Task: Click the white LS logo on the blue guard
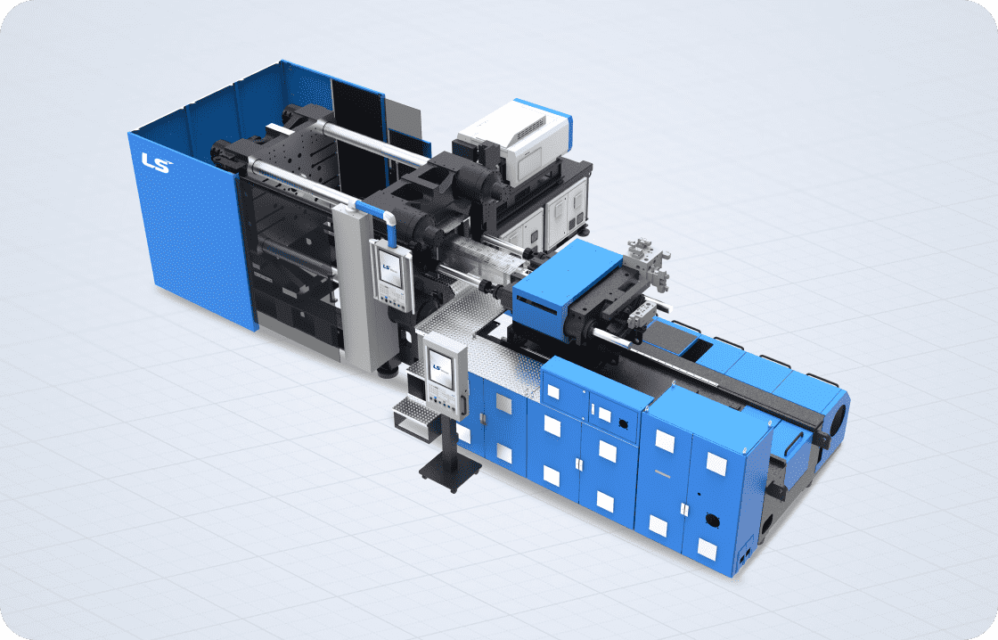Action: [x=157, y=162]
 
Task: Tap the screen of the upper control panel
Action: [x=390, y=267]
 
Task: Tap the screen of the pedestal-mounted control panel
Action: [x=440, y=369]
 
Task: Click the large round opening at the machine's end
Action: [x=838, y=414]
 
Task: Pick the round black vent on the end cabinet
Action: [x=711, y=521]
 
